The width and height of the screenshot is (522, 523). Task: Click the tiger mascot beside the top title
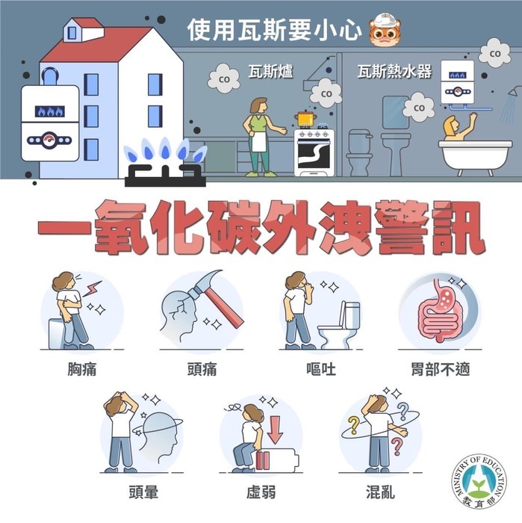[382, 28]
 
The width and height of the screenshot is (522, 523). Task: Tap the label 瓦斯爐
[270, 72]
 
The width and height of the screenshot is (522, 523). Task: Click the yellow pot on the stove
[304, 120]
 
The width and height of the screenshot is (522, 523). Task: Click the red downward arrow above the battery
[274, 429]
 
